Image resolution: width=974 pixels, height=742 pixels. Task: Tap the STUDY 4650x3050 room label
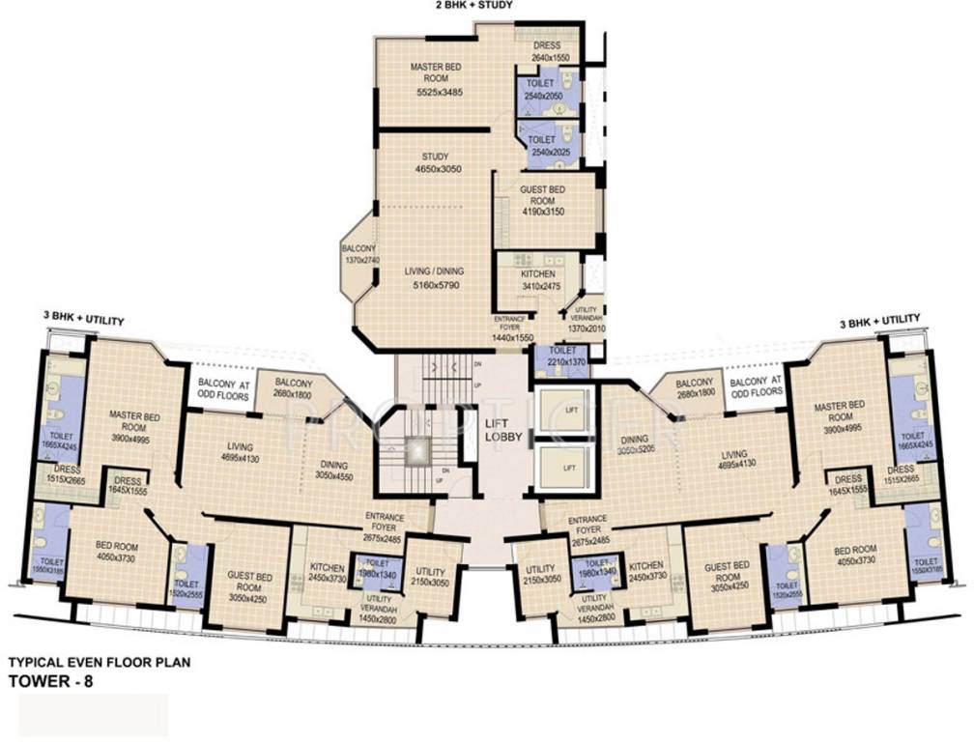[434, 162]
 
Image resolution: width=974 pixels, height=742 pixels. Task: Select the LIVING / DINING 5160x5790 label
[430, 278]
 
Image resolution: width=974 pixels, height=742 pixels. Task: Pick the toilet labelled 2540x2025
[547, 146]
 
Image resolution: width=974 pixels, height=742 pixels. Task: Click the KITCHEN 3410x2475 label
[537, 279]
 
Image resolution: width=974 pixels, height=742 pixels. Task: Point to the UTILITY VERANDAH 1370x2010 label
[586, 322]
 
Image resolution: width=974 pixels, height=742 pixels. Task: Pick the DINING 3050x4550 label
[336, 470]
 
